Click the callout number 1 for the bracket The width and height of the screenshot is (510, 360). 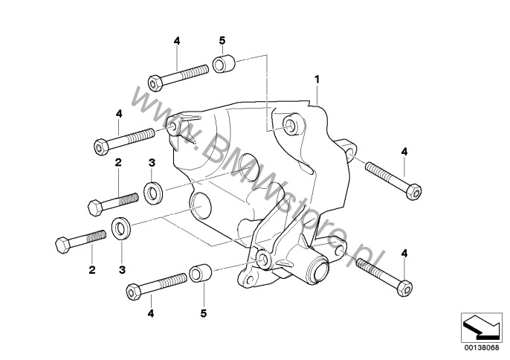tap(317, 79)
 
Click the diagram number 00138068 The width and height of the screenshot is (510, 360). tap(482, 347)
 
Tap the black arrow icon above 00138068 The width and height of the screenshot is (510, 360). tap(481, 327)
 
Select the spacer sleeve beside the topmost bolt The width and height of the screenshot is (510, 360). tap(224, 63)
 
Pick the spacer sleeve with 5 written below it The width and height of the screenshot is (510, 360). tap(201, 273)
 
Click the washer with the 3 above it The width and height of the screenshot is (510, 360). tap(153, 193)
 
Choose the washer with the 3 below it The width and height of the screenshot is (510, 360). tap(121, 228)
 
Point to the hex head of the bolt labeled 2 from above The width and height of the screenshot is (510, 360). tap(95, 208)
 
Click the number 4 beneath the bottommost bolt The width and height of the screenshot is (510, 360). tap(151, 313)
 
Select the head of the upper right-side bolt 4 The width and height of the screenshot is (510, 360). tap(414, 192)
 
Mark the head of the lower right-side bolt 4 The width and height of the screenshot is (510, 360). tap(405, 288)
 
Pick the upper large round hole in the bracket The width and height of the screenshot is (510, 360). tap(248, 166)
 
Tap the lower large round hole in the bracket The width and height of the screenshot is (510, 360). tap(200, 205)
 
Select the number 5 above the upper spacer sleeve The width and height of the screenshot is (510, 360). tap(222, 41)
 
